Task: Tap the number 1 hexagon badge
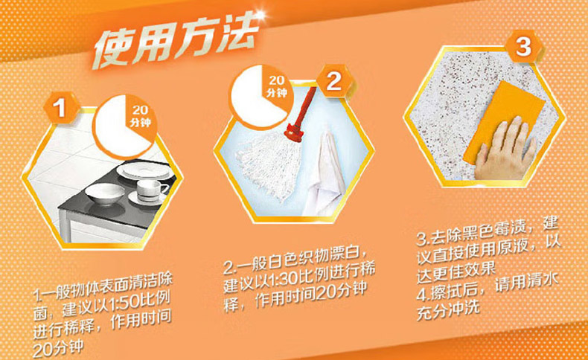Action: tap(60, 109)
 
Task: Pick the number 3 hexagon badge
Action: tap(524, 47)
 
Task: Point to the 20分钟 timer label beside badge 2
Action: tap(276, 86)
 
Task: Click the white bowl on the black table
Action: tap(105, 193)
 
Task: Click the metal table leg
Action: tap(64, 226)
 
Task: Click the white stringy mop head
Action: tap(269, 165)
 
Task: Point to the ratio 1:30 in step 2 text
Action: tap(286, 277)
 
